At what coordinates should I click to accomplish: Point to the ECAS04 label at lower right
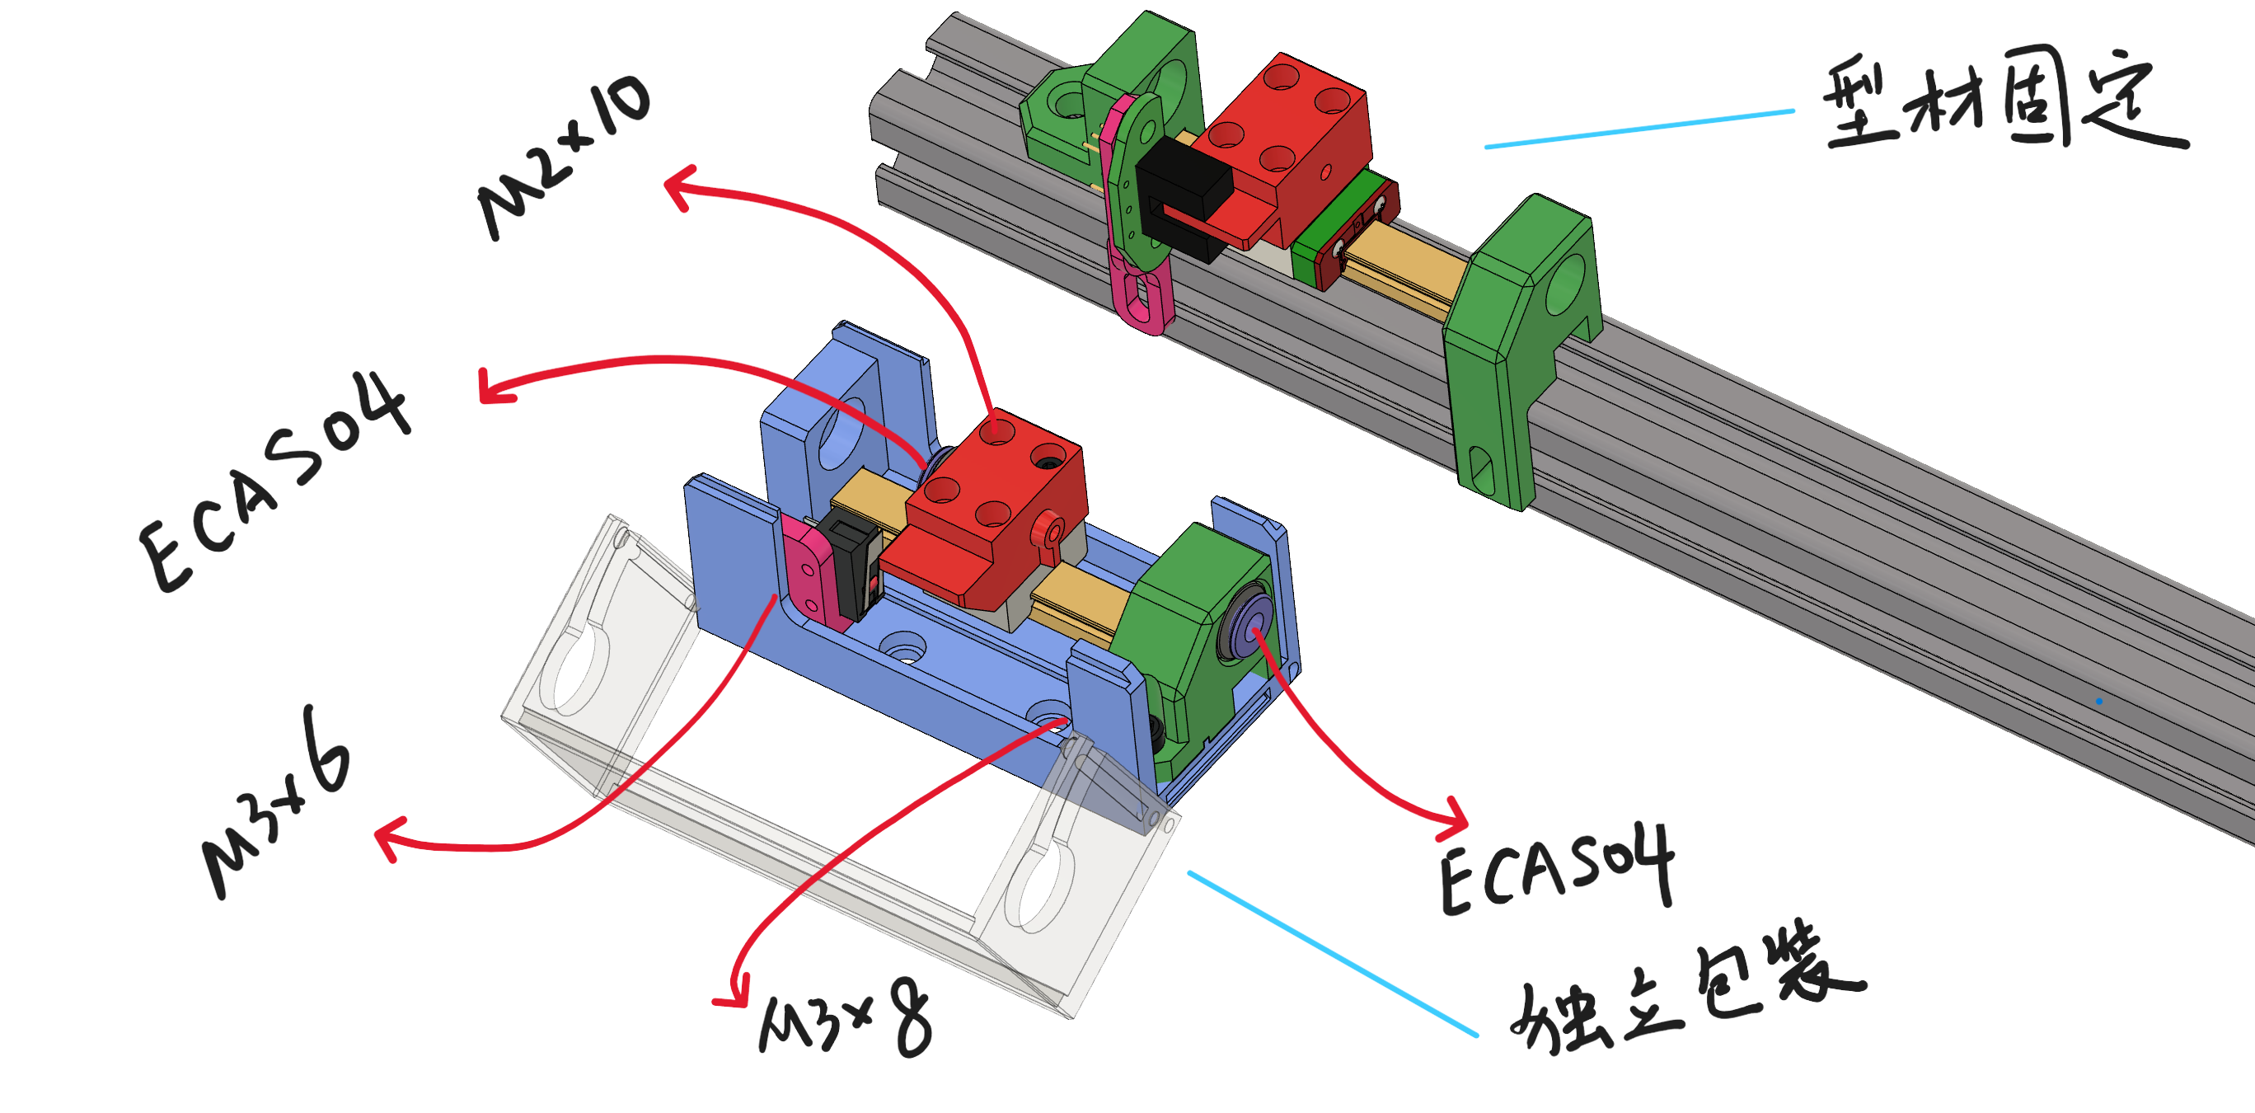(x=1557, y=871)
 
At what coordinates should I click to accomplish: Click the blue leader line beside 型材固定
(x=1639, y=129)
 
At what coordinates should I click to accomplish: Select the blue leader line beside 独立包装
(x=1333, y=954)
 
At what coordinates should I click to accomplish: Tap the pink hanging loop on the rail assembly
(x=1141, y=290)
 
